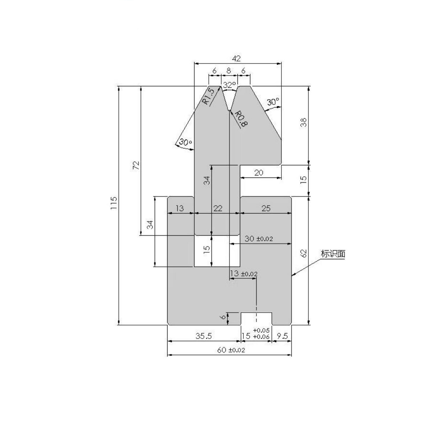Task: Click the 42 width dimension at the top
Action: tap(236, 59)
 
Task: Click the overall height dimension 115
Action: tap(114, 203)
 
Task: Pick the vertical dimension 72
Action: tap(136, 165)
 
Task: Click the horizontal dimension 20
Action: tap(259, 173)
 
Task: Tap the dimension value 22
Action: tap(218, 208)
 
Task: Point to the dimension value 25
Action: tap(266, 208)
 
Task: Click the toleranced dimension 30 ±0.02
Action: tap(259, 239)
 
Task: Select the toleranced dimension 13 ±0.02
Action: tap(244, 274)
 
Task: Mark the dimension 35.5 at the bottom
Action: tap(204, 336)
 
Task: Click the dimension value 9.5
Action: tap(282, 336)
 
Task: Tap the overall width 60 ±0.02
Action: tap(231, 350)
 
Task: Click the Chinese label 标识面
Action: tap(333, 254)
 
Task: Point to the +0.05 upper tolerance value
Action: tap(261, 330)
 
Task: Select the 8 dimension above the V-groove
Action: tap(229, 71)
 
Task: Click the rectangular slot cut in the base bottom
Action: tap(256, 319)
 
